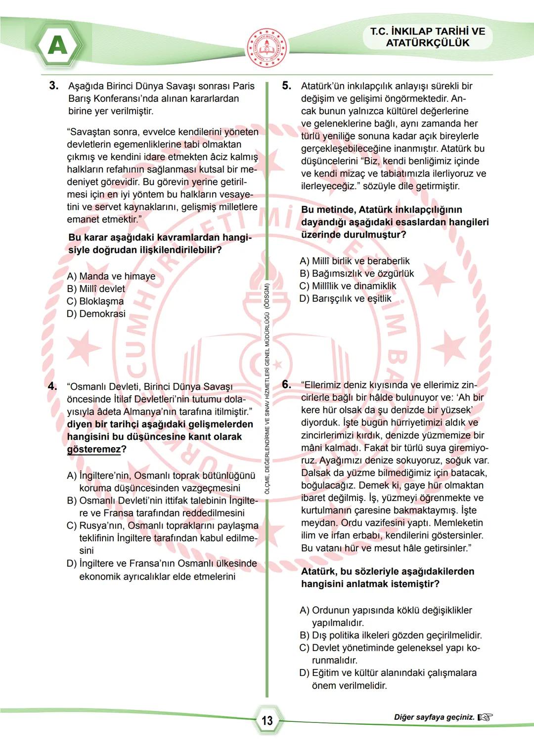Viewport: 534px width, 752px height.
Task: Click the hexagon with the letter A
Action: coord(58,46)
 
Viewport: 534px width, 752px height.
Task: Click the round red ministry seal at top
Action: coord(267,48)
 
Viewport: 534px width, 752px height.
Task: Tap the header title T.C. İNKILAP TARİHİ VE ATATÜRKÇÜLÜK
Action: coord(428,37)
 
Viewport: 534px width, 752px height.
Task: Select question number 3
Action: coord(53,85)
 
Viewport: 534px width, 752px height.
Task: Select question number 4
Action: coord(52,386)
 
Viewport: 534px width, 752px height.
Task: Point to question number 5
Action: coord(286,85)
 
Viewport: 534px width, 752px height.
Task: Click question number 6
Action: coord(286,384)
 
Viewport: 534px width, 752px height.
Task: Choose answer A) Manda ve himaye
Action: coord(111,276)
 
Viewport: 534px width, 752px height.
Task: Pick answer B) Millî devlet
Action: coord(96,289)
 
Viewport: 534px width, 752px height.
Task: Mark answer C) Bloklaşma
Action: coord(95,301)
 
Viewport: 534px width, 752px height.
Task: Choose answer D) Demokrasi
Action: coord(96,314)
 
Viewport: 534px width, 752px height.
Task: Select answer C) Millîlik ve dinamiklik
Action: coord(348,286)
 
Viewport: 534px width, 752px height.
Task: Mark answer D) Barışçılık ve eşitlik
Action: coord(346,298)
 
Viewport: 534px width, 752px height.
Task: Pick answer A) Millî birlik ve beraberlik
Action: coord(355,261)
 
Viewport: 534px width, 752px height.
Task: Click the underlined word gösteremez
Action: coord(94,449)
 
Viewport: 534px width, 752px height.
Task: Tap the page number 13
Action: coord(267,721)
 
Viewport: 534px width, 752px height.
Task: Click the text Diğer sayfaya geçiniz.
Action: coord(434,717)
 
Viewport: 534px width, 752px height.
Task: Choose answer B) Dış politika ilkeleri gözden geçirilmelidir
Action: coord(391,635)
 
